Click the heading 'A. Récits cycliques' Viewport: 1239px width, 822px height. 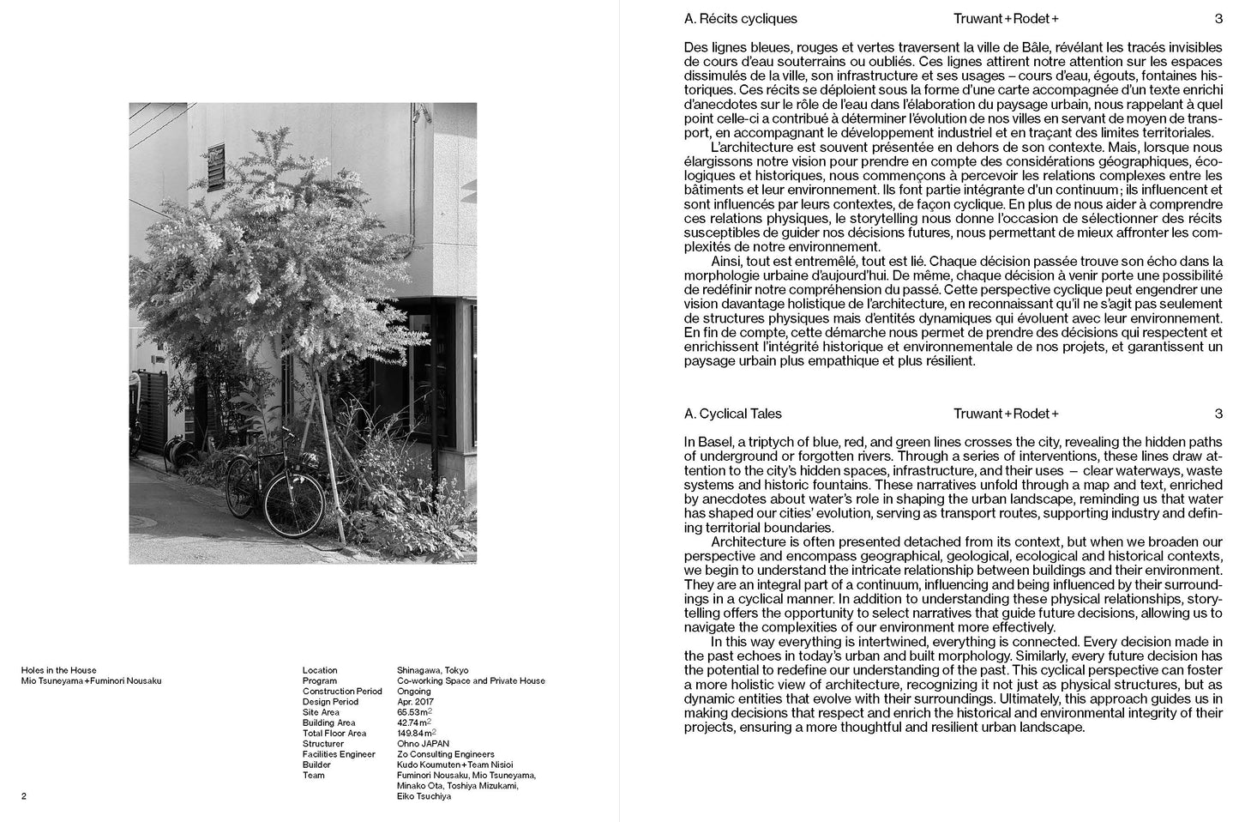pyautogui.click(x=740, y=19)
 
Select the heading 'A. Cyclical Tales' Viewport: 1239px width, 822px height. pyautogui.click(x=732, y=414)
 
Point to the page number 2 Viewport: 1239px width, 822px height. pyautogui.click(x=24, y=796)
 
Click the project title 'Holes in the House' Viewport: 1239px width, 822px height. pyautogui.click(x=58, y=670)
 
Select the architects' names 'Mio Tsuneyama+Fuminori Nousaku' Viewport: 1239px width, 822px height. pyautogui.click(x=91, y=681)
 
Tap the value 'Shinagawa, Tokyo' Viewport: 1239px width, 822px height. pyautogui.click(x=432, y=670)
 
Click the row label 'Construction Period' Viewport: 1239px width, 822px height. pyautogui.click(x=342, y=692)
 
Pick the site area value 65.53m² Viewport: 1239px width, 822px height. pyautogui.click(x=413, y=712)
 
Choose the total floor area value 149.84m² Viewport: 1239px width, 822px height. pyautogui.click(x=416, y=734)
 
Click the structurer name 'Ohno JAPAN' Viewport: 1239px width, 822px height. pyautogui.click(x=423, y=744)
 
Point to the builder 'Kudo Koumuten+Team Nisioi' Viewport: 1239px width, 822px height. pyautogui.click(x=454, y=765)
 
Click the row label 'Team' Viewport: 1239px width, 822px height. pyautogui.click(x=313, y=776)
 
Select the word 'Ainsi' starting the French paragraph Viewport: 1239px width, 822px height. pyautogui.click(x=726, y=261)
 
